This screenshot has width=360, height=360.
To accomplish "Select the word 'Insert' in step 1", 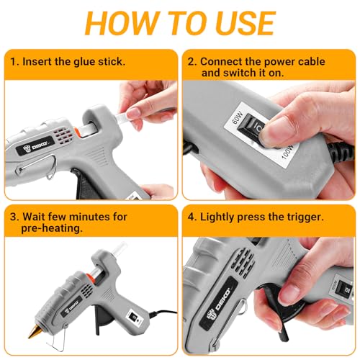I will [x=41, y=62].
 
